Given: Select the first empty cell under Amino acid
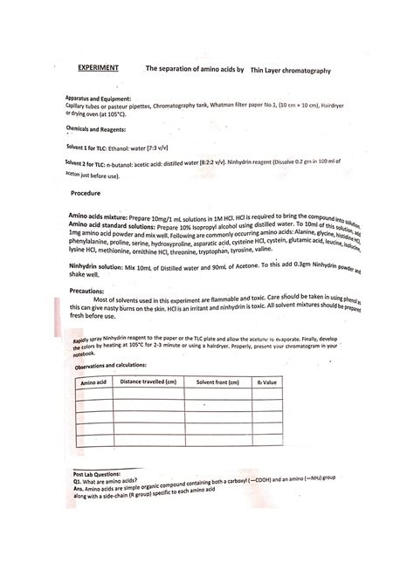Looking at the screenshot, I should coord(93,394).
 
